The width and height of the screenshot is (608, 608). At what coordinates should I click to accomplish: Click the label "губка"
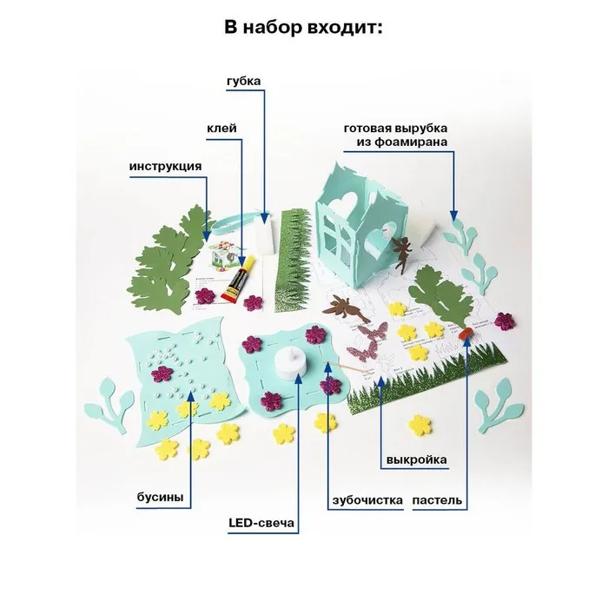[241, 82]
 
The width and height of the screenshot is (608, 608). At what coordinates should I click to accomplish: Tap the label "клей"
[221, 128]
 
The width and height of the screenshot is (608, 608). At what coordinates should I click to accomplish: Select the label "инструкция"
[166, 166]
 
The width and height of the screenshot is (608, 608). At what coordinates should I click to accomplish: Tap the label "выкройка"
[417, 460]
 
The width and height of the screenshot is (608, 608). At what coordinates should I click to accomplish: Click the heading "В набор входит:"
[303, 27]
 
